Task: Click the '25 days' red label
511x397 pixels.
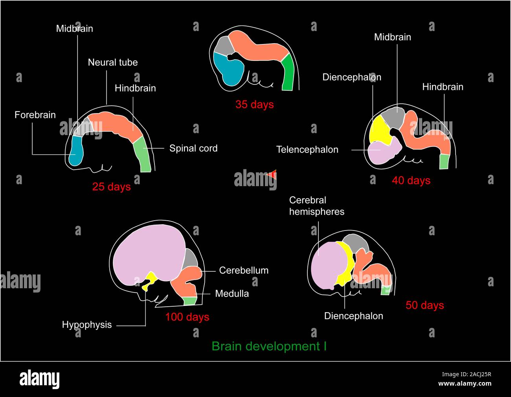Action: [111, 187]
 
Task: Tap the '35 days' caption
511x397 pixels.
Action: [254, 104]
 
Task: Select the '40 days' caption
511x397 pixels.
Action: [411, 181]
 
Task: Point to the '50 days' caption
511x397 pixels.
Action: [425, 305]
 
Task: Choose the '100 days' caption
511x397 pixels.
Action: [187, 317]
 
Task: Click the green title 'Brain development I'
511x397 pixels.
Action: [269, 346]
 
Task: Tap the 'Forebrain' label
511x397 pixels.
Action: [35, 115]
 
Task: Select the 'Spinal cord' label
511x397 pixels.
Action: [193, 148]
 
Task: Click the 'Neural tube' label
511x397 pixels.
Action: [112, 62]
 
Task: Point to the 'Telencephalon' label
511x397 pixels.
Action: [307, 150]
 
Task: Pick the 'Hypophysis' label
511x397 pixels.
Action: [87, 325]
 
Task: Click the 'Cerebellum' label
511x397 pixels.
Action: [244, 271]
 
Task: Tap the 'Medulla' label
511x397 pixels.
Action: [232, 294]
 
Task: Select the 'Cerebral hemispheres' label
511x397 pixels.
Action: [316, 206]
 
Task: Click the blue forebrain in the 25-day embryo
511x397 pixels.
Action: [75, 151]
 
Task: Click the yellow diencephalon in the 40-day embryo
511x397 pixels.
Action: [379, 130]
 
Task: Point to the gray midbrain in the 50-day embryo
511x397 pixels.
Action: [356, 243]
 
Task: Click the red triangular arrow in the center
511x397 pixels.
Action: [272, 175]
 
